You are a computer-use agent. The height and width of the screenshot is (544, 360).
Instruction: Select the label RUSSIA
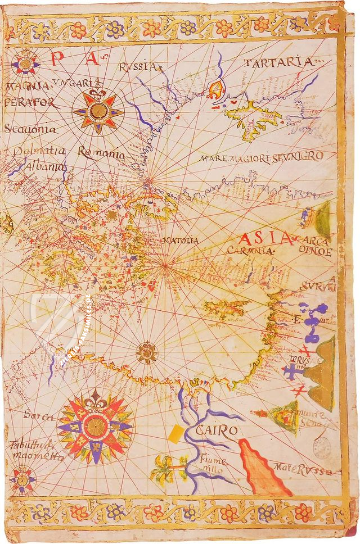[138, 67]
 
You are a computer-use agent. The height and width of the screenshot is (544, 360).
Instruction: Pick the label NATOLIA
[180, 241]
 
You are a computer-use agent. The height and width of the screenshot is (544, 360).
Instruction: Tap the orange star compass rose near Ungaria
[98, 110]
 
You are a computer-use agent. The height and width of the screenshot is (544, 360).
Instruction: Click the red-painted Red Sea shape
[262, 469]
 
